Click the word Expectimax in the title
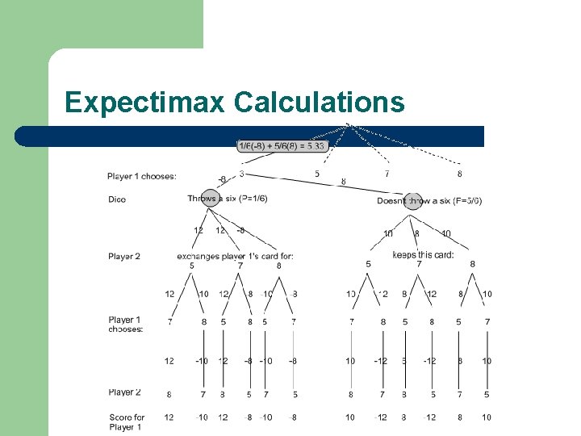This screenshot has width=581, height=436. click(x=145, y=103)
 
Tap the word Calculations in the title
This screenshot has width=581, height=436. click(x=319, y=103)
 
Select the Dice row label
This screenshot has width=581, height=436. click(x=117, y=199)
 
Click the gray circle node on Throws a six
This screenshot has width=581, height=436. click(x=210, y=198)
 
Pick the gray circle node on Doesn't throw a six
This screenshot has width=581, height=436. click(x=412, y=200)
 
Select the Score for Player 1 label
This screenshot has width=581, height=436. click(x=126, y=422)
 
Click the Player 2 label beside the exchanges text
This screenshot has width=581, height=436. click(x=123, y=257)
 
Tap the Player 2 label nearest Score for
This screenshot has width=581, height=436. click(x=123, y=392)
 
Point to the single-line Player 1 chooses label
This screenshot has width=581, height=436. click(x=141, y=176)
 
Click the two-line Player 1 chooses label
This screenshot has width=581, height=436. click(x=126, y=325)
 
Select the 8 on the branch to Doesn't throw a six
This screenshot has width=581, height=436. click(x=343, y=182)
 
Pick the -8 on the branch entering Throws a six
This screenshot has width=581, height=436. click(x=223, y=179)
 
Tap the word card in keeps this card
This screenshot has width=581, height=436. click(x=443, y=255)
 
